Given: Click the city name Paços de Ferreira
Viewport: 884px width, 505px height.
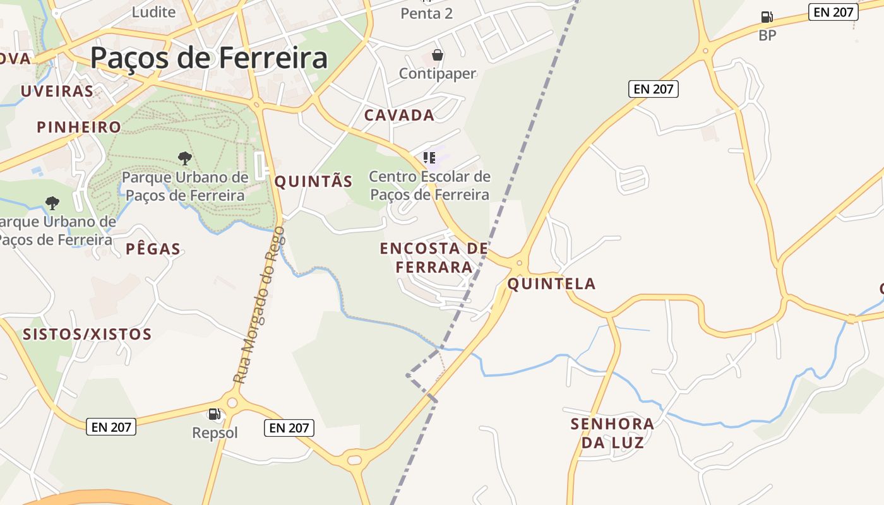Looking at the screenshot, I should coord(209,58).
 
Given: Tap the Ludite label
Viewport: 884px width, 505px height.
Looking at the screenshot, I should coord(153,11).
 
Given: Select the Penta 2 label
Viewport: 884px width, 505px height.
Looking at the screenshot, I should coord(427,13).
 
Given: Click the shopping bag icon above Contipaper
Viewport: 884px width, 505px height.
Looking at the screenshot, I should coord(438,56).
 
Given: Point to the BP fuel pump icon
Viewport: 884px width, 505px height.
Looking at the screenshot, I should coord(767,17).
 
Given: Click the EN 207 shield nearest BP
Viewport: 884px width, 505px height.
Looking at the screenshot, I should coord(833,11).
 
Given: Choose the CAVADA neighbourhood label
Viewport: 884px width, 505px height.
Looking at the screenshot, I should coord(399,115).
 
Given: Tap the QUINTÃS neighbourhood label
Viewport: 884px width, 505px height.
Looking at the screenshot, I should coord(313,182).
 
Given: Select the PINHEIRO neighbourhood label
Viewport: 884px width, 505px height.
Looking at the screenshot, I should coord(79,127).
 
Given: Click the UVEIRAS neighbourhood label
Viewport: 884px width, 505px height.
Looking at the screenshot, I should coord(57,91).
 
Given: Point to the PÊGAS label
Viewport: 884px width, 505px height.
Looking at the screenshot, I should coord(153,249).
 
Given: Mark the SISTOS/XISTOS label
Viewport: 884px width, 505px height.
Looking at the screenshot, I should coord(87,334).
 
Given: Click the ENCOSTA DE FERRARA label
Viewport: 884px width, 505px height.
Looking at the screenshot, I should coord(434,258).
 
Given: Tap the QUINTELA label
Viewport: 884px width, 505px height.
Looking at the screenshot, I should coord(551,284).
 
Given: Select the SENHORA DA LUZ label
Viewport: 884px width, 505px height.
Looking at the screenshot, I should coord(612,433).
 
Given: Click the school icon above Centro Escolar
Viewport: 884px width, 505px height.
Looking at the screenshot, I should coord(429,158).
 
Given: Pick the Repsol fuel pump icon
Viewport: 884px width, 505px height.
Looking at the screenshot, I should coord(215,414).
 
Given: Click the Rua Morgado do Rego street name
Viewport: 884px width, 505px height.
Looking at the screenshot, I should coord(260,306).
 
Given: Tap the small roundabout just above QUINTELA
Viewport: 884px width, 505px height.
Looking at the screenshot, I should coord(520,263).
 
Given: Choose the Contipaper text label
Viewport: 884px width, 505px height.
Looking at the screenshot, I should coord(438,73).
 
